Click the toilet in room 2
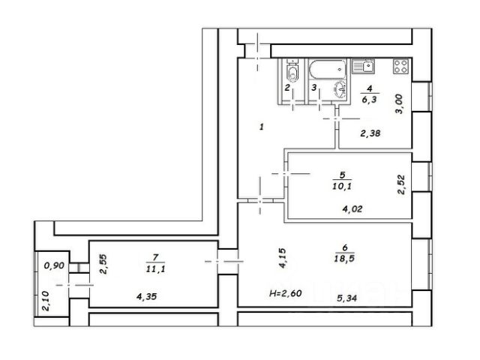292,70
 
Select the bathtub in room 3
328,70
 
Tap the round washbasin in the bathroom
340,89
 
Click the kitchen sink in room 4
363,66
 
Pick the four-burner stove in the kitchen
401,67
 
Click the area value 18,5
345,259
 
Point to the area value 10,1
342,186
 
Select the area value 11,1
156,269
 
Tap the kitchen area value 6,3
369,100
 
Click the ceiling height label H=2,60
286,293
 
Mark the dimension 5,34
346,298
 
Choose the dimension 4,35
147,296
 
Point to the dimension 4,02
352,209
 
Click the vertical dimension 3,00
400,104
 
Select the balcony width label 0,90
54,265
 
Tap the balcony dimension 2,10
45,301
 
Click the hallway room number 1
262,127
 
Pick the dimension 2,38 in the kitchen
370,133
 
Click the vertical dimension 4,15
282,258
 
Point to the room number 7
155,257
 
